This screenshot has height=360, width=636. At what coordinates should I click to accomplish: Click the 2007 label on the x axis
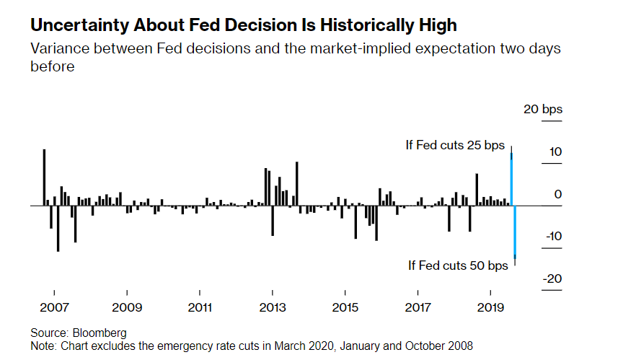point(54,307)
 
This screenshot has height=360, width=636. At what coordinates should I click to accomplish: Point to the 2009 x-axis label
point(127,307)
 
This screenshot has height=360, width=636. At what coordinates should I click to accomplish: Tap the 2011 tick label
point(200,307)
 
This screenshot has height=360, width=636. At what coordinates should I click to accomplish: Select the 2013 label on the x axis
point(273,307)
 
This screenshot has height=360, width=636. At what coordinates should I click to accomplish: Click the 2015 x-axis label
point(345,307)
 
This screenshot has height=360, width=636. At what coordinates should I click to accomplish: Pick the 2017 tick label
point(418,307)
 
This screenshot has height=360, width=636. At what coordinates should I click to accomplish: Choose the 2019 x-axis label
point(491,307)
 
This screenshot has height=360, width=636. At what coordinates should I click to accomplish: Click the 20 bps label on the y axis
point(542,110)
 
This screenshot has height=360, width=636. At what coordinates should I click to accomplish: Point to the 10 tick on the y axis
point(555,152)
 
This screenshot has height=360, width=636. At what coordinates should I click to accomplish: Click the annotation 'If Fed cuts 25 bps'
point(455,146)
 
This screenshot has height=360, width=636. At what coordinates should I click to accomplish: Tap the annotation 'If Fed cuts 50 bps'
point(458,265)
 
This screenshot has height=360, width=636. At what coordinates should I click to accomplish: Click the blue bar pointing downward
point(515,231)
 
